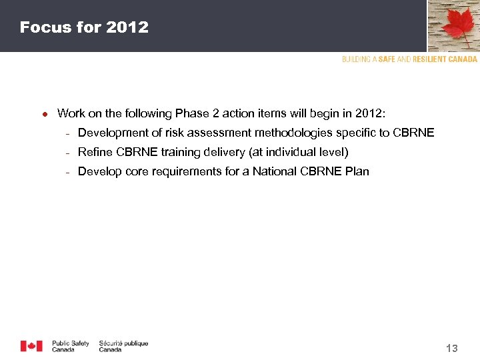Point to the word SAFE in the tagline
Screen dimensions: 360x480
tap(387, 59)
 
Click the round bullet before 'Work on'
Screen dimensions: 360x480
tap(44, 114)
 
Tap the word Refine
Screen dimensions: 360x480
tap(94, 152)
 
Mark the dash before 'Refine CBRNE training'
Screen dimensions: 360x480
tap(67, 153)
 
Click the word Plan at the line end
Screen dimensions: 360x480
tap(357, 171)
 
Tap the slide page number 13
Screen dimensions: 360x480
tap(451, 348)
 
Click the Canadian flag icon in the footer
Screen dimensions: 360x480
tap(31, 346)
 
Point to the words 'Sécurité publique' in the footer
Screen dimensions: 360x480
tap(123, 343)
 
